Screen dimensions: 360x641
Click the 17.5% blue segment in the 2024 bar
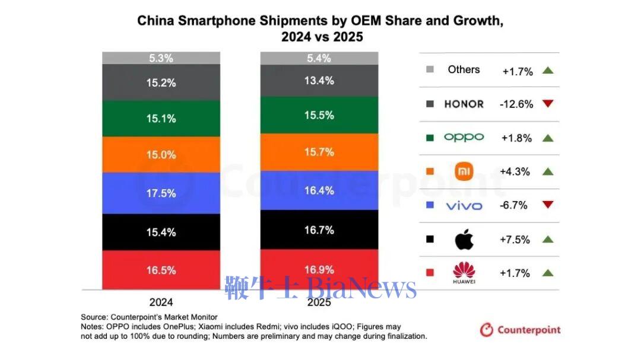pos(161,193)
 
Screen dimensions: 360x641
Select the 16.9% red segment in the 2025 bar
pos(319,269)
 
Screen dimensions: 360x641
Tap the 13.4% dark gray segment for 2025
pos(319,81)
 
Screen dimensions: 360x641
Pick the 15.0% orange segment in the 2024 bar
pos(161,155)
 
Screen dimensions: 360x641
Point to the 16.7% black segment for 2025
pos(319,230)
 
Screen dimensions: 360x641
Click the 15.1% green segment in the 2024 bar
pos(161,119)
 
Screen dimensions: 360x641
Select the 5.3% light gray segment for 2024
pos(161,58)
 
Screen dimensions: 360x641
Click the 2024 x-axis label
pos(161,301)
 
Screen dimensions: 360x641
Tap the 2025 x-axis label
pos(319,301)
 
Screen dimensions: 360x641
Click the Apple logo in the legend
pos(464,240)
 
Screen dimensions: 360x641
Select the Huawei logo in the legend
pos(464,273)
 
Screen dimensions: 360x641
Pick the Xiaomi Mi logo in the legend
pos(464,171)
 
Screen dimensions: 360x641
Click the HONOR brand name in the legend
pos(464,104)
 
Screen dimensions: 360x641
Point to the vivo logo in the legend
pos(464,206)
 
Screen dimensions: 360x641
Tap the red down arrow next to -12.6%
pos(547,104)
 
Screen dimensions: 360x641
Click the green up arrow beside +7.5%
pos(547,240)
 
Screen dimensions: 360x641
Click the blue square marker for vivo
pos(430,206)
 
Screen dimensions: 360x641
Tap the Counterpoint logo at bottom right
pos(520,330)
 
